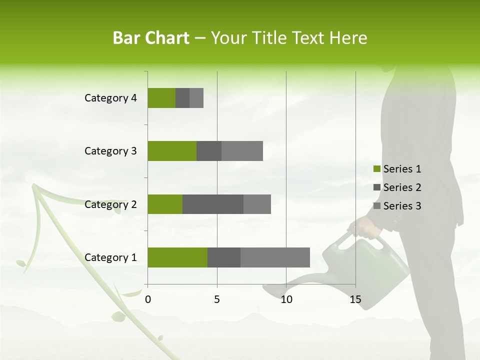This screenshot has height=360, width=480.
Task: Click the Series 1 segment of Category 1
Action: pyautogui.click(x=177, y=257)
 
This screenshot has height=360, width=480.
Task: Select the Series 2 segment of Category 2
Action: pyautogui.click(x=213, y=204)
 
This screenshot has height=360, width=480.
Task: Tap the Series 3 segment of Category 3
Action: pyautogui.click(x=242, y=151)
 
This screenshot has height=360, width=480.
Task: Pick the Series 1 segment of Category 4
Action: pyautogui.click(x=161, y=98)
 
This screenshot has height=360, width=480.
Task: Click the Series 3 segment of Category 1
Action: pyautogui.click(x=275, y=257)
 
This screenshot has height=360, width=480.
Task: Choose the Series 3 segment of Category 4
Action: pyautogui.click(x=196, y=98)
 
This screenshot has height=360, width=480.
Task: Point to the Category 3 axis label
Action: pyautogui.click(x=110, y=151)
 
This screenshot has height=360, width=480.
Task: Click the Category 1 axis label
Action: pyautogui.click(x=110, y=257)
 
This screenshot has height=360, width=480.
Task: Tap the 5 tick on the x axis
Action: pyautogui.click(x=217, y=299)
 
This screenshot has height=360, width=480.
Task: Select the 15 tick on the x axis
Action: pyautogui.click(x=355, y=299)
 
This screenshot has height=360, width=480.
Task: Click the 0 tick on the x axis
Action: pyautogui.click(x=148, y=299)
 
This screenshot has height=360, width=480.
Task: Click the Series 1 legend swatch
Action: pyautogui.click(x=377, y=169)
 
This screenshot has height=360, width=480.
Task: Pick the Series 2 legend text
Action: pyautogui.click(x=402, y=187)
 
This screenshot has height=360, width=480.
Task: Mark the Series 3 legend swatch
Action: pyautogui.click(x=377, y=206)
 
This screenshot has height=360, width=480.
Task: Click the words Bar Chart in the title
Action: pyautogui.click(x=151, y=38)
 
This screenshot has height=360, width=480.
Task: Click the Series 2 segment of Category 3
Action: pyautogui.click(x=209, y=151)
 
